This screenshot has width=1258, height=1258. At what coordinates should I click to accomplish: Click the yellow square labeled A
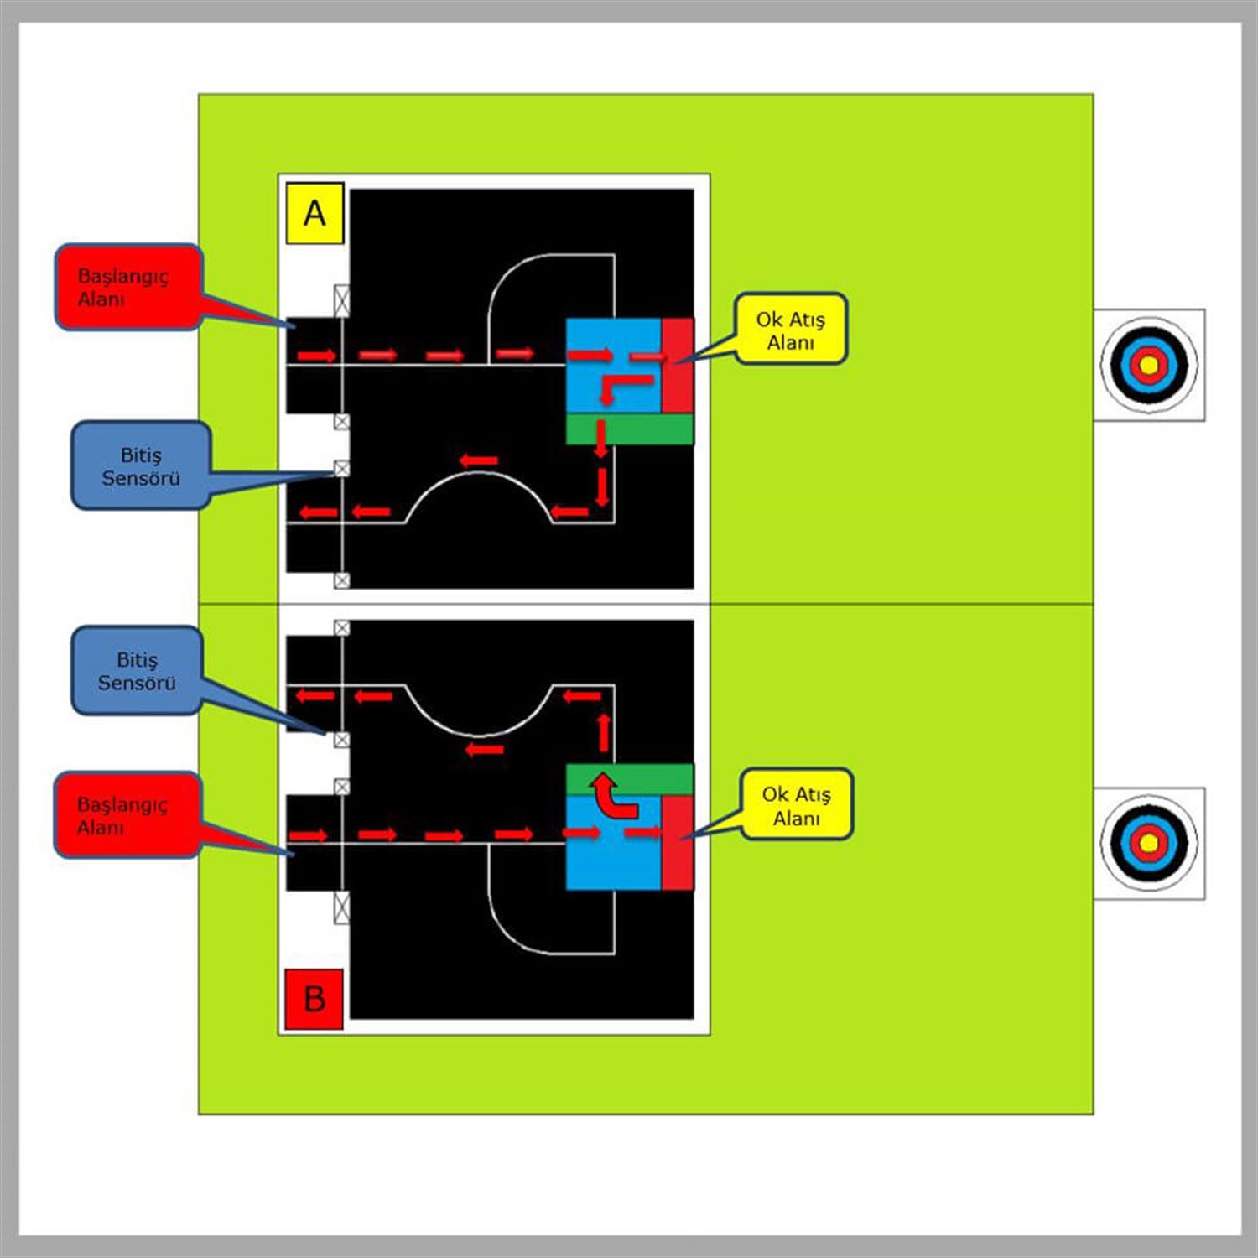click(x=314, y=213)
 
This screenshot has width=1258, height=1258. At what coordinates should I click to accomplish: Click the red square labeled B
click(x=314, y=998)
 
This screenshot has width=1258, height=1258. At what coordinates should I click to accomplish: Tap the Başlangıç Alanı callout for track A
click(x=127, y=287)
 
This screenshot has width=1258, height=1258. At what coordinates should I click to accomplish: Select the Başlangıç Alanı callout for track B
click(x=126, y=815)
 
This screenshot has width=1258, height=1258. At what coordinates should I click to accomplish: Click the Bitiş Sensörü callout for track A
click(x=140, y=466)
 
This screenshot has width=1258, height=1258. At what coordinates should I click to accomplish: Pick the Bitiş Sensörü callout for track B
click(x=137, y=671)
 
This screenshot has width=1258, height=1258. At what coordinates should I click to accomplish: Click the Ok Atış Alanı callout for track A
click(x=790, y=330)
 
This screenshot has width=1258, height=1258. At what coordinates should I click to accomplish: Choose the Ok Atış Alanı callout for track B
click(x=796, y=805)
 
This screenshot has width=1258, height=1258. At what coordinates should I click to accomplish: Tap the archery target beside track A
click(x=1148, y=365)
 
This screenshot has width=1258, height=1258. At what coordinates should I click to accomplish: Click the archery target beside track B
click(x=1148, y=842)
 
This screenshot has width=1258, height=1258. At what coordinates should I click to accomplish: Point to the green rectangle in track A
click(x=629, y=429)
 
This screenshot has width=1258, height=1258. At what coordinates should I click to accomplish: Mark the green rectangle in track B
click(x=629, y=778)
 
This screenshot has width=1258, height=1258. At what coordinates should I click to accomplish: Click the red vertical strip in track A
click(x=678, y=366)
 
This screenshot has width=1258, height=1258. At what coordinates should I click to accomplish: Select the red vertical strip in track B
click(x=678, y=842)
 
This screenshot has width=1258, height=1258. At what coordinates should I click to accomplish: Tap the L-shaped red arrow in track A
click(x=621, y=387)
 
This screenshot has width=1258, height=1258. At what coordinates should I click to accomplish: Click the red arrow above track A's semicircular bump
click(x=479, y=460)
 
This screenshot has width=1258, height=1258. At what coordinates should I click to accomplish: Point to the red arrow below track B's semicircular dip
click(x=485, y=749)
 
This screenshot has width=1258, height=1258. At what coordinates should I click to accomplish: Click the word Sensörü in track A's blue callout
click(x=141, y=478)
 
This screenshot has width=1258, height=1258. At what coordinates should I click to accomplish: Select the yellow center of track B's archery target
click(x=1149, y=842)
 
